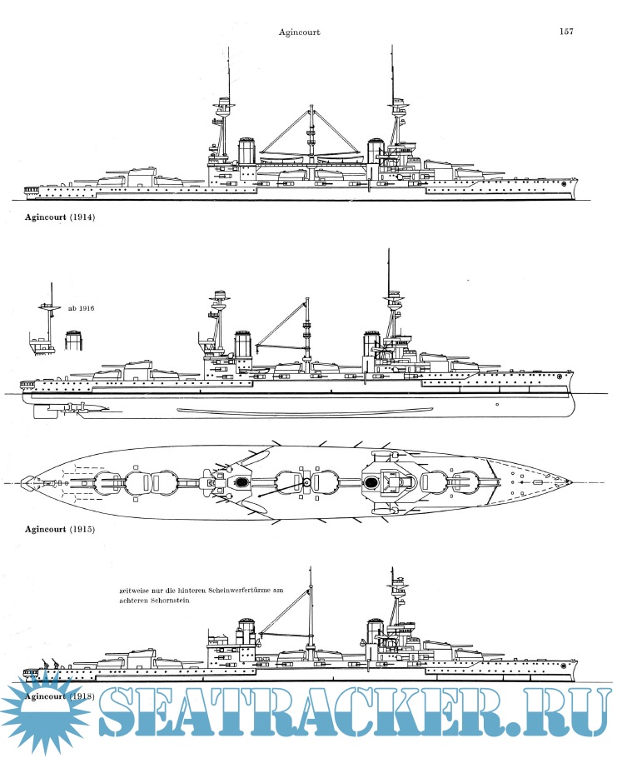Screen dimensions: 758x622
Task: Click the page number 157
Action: pyautogui.click(x=566, y=32)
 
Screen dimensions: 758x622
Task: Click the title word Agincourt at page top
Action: pyautogui.click(x=301, y=32)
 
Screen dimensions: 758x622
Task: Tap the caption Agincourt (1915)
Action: pyautogui.click(x=60, y=529)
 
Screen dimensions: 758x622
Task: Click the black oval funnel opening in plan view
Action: pyautogui.click(x=241, y=481)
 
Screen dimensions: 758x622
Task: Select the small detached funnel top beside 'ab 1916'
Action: pyautogui.click(x=75, y=341)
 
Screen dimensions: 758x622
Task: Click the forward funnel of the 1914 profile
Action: pyautogui.click(x=376, y=152)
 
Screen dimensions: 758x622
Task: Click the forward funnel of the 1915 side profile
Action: pyautogui.click(x=371, y=345)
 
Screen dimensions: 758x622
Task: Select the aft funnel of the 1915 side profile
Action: pyautogui.click(x=243, y=346)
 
